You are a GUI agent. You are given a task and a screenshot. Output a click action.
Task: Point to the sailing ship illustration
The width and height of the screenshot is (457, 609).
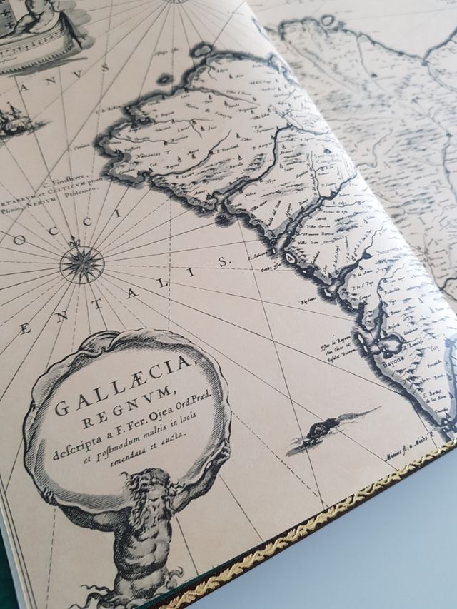(14, 118)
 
